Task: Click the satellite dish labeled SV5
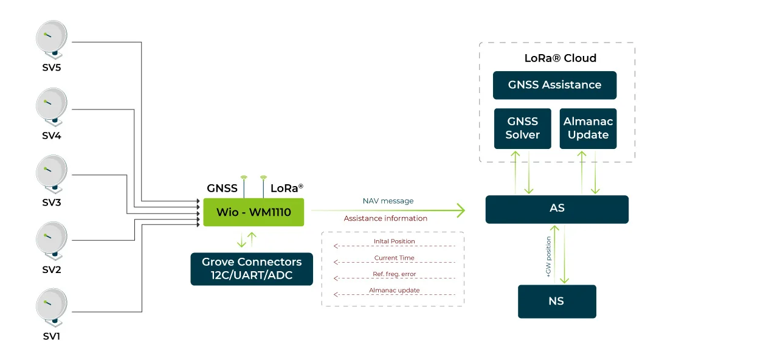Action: pyautogui.click(x=52, y=40)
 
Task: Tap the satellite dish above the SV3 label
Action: pyautogui.click(x=52, y=174)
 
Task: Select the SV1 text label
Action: pyautogui.click(x=52, y=336)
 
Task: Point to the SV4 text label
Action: pyautogui.click(x=52, y=136)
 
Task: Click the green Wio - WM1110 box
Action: pyautogui.click(x=253, y=212)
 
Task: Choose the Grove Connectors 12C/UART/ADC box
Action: pyautogui.click(x=252, y=269)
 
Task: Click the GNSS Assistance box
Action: pyautogui.click(x=554, y=85)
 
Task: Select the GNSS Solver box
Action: pyautogui.click(x=522, y=128)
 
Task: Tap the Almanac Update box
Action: pyautogui.click(x=588, y=128)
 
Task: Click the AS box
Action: pyautogui.click(x=557, y=209)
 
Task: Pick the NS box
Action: pyautogui.click(x=557, y=301)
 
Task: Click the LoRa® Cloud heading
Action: pyautogui.click(x=560, y=58)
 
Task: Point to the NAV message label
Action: pyautogui.click(x=388, y=201)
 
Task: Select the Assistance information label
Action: pyautogui.click(x=385, y=218)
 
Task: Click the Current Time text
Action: pyautogui.click(x=394, y=258)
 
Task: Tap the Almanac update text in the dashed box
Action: pyautogui.click(x=394, y=291)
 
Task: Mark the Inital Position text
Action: pyautogui.click(x=394, y=241)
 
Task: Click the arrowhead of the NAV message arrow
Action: pyautogui.click(x=461, y=210)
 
